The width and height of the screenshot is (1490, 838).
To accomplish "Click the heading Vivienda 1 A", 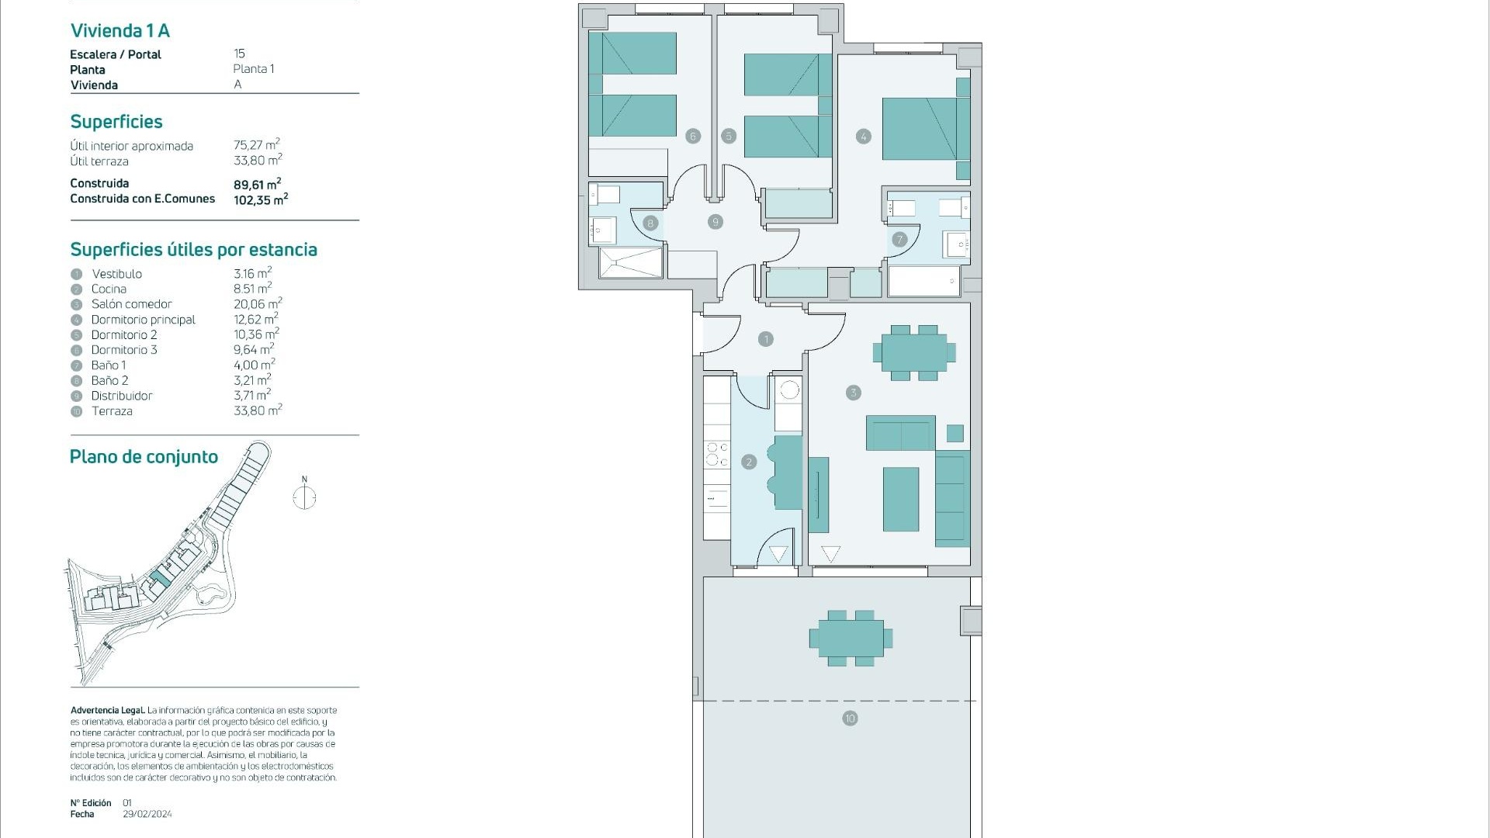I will (x=120, y=30).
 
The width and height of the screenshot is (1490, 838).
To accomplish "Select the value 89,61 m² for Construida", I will (x=257, y=184).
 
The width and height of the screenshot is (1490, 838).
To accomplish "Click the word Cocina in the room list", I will (x=109, y=289).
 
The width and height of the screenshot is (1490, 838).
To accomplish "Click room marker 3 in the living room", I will (x=854, y=393).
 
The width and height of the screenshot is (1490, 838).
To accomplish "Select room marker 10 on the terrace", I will (x=850, y=719).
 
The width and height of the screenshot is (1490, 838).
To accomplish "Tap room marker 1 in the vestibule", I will (x=766, y=339).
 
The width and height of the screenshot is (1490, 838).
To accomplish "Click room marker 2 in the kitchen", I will (x=749, y=462).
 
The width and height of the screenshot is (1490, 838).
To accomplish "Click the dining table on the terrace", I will (x=851, y=639).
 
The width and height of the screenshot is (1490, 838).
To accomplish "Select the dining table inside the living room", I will (x=914, y=353).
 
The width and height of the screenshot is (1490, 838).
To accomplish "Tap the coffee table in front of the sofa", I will (x=901, y=499).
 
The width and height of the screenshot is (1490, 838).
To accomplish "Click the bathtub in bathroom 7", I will (x=924, y=281).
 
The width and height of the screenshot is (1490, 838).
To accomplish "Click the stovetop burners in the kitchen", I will (x=717, y=455).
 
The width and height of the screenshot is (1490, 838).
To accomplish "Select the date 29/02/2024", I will (x=147, y=814).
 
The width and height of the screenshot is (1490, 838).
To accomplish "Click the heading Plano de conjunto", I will (x=144, y=456).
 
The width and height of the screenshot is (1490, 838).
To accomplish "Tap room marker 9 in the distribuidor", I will (x=716, y=222).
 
